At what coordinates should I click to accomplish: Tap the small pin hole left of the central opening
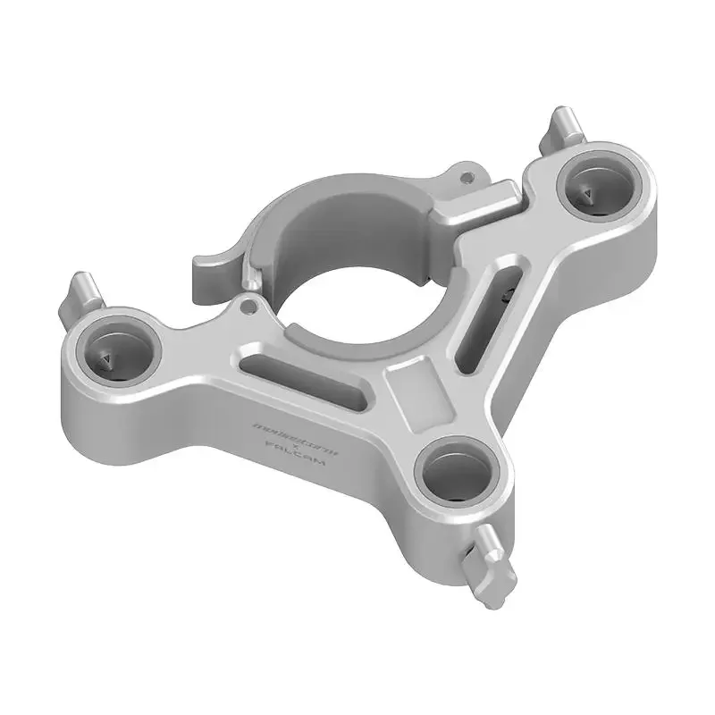[x=251, y=308]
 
